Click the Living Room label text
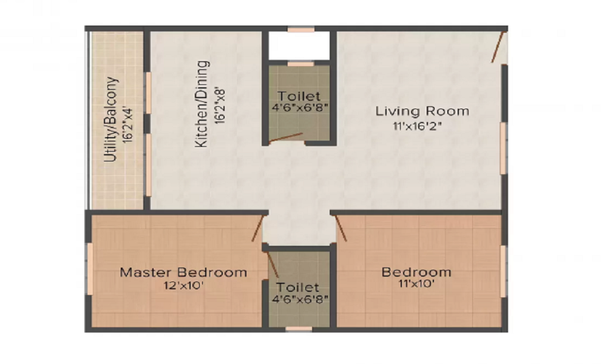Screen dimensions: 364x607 [422, 111]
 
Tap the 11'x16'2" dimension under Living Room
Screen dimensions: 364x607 [422, 127]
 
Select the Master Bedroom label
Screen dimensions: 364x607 [183, 272]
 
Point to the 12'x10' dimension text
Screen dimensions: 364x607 [183, 286]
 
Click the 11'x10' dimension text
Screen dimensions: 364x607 [416, 283]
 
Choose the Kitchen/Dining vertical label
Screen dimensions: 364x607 [202, 103]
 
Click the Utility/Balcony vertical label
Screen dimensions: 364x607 [110, 120]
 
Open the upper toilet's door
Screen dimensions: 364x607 [286, 137]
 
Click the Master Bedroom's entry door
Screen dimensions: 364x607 [257, 229]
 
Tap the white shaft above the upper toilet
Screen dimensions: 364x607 [299, 45]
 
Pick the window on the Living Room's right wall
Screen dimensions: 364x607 [503, 149]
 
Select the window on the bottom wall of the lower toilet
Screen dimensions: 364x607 [299, 329]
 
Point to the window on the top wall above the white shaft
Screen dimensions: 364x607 [301, 29]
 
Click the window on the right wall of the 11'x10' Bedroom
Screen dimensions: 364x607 [503, 271]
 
